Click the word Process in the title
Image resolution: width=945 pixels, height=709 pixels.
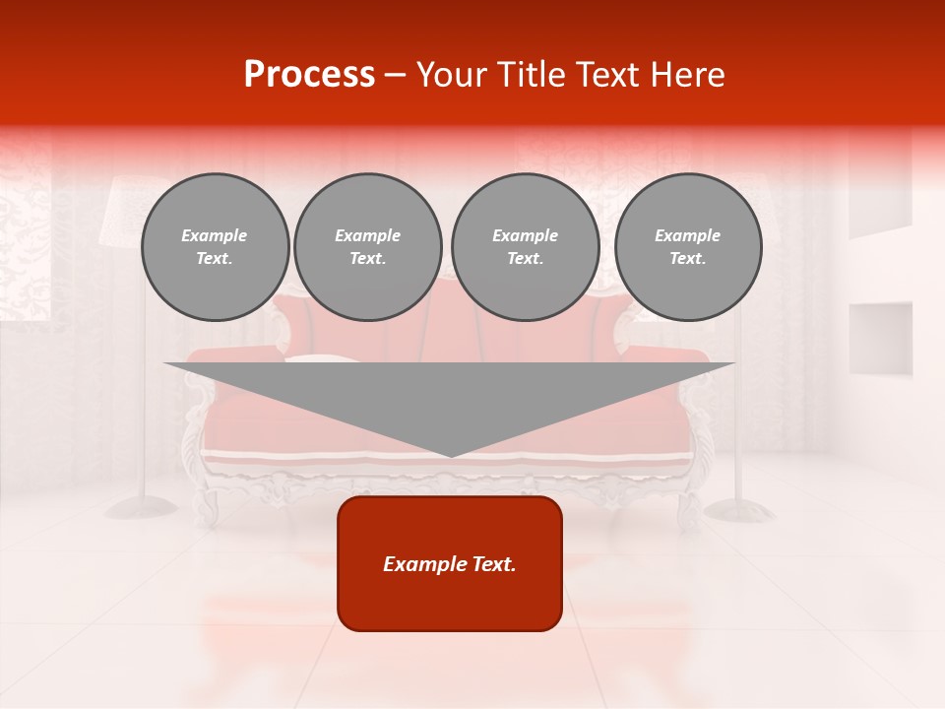pos(309,75)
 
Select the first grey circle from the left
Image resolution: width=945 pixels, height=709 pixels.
pos(215,247)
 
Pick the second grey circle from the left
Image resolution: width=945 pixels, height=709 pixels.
pos(368,247)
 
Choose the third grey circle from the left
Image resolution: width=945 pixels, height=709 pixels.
pos(525,247)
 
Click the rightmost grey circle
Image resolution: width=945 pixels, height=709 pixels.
pos(688,247)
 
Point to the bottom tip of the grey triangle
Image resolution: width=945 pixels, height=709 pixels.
pos(451,455)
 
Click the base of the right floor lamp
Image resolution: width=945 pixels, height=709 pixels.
pos(740,509)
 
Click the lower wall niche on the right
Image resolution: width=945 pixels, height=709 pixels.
pos(880,337)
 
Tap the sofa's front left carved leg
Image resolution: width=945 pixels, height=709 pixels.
pos(207,502)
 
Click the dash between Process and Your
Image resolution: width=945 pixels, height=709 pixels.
pos(395,75)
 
